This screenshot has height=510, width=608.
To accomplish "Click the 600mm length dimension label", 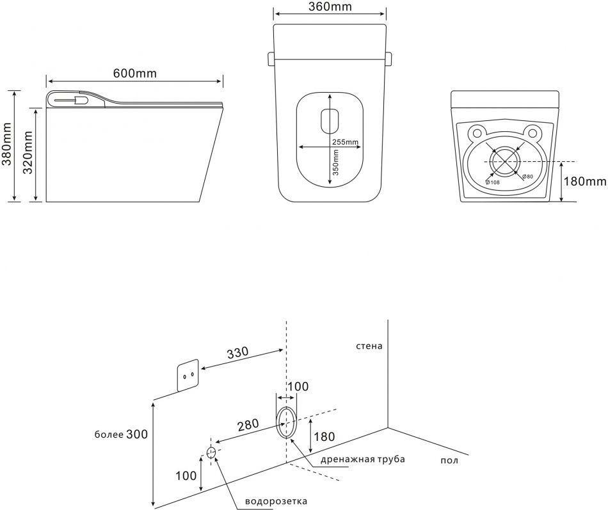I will (x=134, y=74).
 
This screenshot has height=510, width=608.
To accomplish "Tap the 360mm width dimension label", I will (x=329, y=8).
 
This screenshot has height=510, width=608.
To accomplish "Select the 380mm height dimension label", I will (x=8, y=145).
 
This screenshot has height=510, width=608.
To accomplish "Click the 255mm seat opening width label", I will (x=345, y=142).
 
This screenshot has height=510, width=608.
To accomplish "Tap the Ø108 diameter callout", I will (x=492, y=183).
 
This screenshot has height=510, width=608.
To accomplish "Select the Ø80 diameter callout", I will (x=527, y=176).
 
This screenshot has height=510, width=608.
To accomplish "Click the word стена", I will (x=370, y=346).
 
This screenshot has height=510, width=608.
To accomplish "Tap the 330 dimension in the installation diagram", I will (x=236, y=353).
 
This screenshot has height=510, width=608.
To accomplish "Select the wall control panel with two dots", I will (x=188, y=376).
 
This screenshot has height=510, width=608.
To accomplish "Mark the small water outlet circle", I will (x=211, y=452).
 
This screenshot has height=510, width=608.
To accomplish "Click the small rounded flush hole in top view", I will (x=330, y=120).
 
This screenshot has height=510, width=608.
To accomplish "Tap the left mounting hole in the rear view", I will (x=476, y=133).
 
